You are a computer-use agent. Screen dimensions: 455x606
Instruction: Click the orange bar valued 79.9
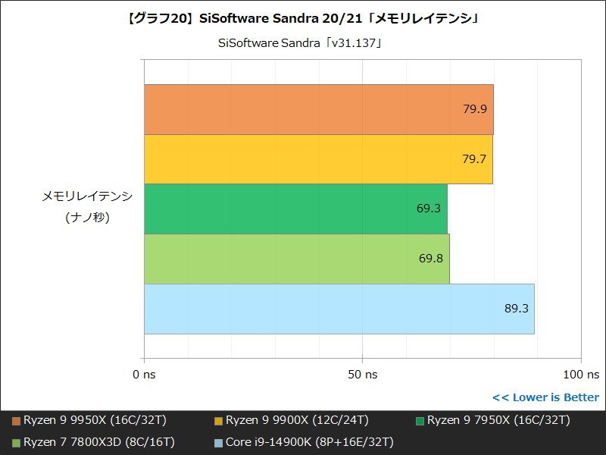coord(318,109)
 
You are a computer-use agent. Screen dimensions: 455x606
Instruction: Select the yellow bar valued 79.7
coord(318,159)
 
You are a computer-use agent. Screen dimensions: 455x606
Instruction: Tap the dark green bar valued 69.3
coord(295,209)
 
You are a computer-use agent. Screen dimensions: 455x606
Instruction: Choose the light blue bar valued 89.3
coord(339,309)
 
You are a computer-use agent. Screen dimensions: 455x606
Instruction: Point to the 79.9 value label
coord(475,109)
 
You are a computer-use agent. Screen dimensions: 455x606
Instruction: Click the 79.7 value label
coord(474,159)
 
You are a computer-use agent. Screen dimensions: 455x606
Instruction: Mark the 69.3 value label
coord(429,209)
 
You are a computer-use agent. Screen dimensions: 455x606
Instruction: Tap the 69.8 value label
coord(431,259)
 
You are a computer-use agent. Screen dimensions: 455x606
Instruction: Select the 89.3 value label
coord(516,309)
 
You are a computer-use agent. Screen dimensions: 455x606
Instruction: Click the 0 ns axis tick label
coord(144,374)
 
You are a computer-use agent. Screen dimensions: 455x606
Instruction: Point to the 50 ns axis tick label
coord(362,374)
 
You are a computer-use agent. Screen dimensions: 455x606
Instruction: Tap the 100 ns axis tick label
coord(580,374)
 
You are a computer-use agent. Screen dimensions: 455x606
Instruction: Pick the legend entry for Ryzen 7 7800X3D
coord(94,441)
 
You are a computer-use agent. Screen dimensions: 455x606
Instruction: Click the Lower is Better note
coord(545,397)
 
